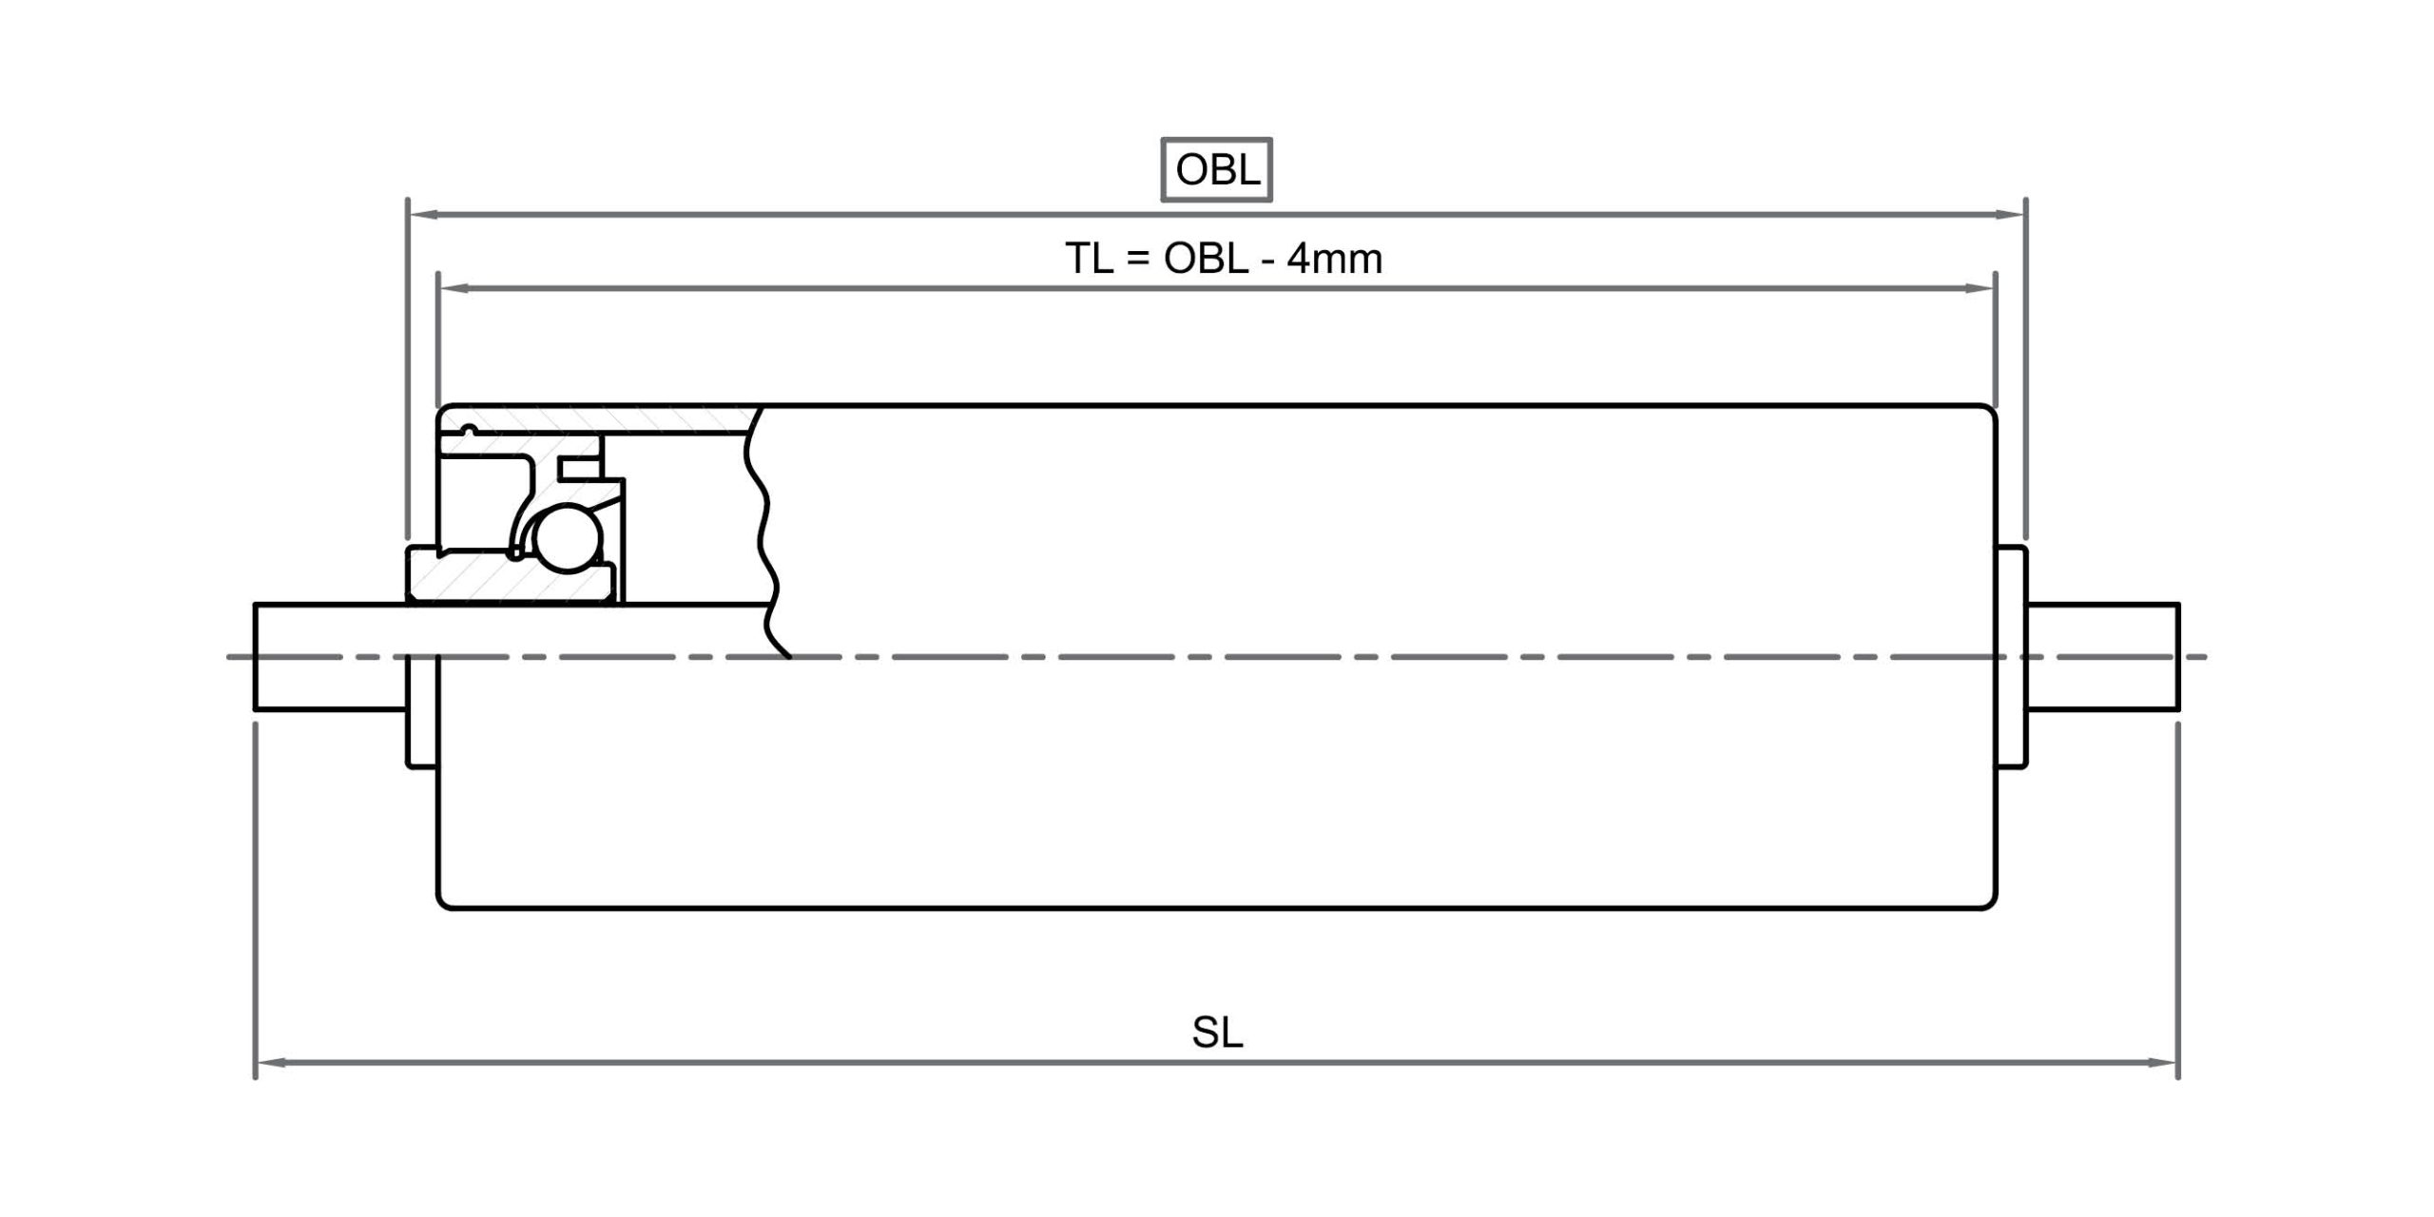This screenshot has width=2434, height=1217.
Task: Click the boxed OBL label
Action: pos(1217,170)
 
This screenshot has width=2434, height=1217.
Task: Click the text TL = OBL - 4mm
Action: pos(1224,259)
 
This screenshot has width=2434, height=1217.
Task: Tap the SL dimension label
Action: pos(1217,1033)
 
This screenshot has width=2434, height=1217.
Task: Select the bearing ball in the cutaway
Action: pos(569,538)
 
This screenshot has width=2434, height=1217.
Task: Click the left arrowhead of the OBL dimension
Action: pos(424,215)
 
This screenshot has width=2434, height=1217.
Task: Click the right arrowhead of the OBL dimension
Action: pos(2009,215)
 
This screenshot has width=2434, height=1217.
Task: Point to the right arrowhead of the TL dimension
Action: pos(1979,288)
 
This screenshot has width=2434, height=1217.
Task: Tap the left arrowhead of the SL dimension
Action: pos(272,1062)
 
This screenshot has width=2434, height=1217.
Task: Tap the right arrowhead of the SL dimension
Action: pos(2161,1062)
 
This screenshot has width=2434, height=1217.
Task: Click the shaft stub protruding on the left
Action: pos(330,656)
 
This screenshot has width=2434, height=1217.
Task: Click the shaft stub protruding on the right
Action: pos(2103,656)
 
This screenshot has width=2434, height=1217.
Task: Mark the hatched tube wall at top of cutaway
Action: pos(599,419)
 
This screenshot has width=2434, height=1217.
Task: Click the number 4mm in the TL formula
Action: pos(1335,259)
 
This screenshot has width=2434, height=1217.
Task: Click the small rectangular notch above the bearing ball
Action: pos(582,468)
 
